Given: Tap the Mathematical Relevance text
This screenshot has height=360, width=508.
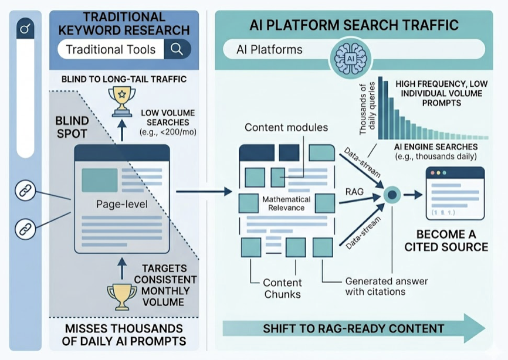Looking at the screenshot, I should tap(283, 203).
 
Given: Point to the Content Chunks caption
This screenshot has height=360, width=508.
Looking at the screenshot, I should tap(282, 287).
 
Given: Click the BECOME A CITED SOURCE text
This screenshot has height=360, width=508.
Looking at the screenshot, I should tap(446, 239).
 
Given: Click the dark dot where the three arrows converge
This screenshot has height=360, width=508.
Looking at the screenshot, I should tap(391, 194).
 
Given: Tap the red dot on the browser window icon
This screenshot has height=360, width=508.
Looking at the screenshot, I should tap(435, 174).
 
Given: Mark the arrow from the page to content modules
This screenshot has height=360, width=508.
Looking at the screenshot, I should tap(203, 191).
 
